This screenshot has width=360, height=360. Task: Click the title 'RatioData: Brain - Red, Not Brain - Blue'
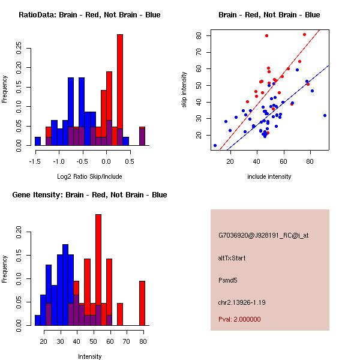tap(89, 14)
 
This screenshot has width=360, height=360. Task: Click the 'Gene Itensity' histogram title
tap(89, 194)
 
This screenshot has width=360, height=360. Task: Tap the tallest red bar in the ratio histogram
tap(120, 90)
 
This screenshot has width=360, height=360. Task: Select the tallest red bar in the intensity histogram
tap(98, 270)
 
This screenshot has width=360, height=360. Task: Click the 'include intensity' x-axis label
tap(269, 176)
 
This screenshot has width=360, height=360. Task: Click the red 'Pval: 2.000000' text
tap(239, 319)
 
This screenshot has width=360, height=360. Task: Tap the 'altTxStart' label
tap(232, 259)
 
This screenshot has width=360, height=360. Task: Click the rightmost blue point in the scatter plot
tap(325, 115)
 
